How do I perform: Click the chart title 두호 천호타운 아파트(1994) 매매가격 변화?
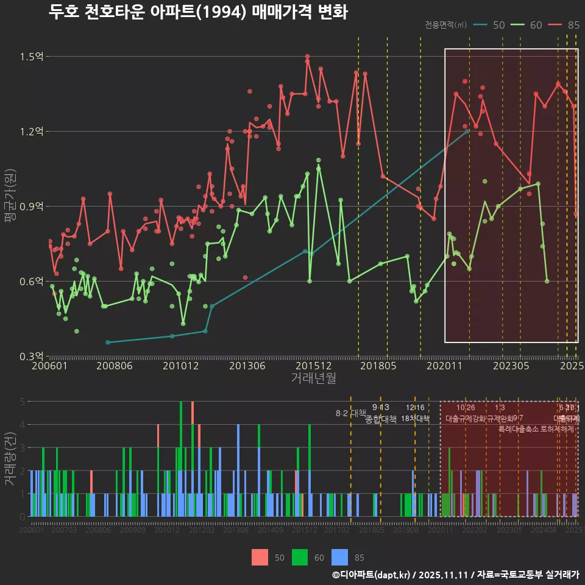pos(198,12)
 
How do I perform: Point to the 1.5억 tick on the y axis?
pos(31,57)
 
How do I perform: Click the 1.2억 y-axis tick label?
pos(31,132)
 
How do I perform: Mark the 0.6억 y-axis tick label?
pos(31,282)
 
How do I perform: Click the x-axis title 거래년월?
pos(313,378)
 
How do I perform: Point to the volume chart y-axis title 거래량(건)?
pos(10,458)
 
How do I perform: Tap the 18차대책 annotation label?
pos(416,419)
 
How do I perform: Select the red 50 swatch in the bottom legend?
pos(260,557)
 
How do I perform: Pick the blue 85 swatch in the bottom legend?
pos(339,557)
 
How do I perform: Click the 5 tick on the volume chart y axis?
pos(23,402)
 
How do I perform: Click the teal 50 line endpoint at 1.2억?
pos(467,131)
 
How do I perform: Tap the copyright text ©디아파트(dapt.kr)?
pos(371,575)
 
